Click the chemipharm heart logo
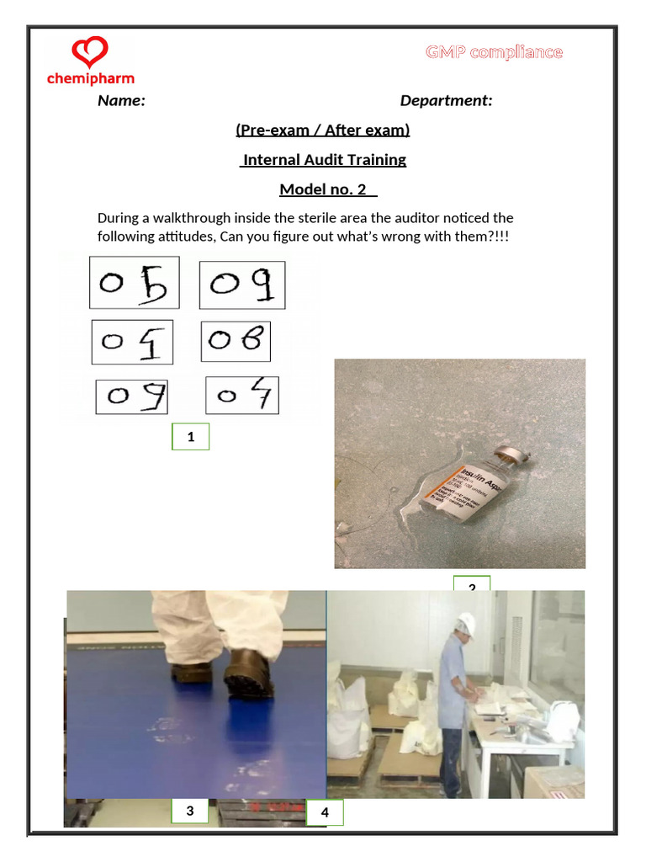pyautogui.click(x=90, y=52)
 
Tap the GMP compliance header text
pyautogui.click(x=494, y=52)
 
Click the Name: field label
pyautogui.click(x=121, y=101)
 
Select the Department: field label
pyautogui.click(x=446, y=101)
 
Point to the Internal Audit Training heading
pyautogui.click(x=324, y=160)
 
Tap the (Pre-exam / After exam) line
pyautogui.click(x=323, y=130)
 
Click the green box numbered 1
pyautogui.click(x=191, y=437)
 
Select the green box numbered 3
pyautogui.click(x=190, y=811)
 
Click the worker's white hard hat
pyautogui.click(x=464, y=624)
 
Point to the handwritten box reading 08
pyautogui.click(x=236, y=341)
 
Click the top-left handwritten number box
pyautogui.click(x=135, y=284)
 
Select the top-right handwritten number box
pyautogui.click(x=242, y=285)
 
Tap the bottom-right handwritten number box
pyautogui.click(x=242, y=395)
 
